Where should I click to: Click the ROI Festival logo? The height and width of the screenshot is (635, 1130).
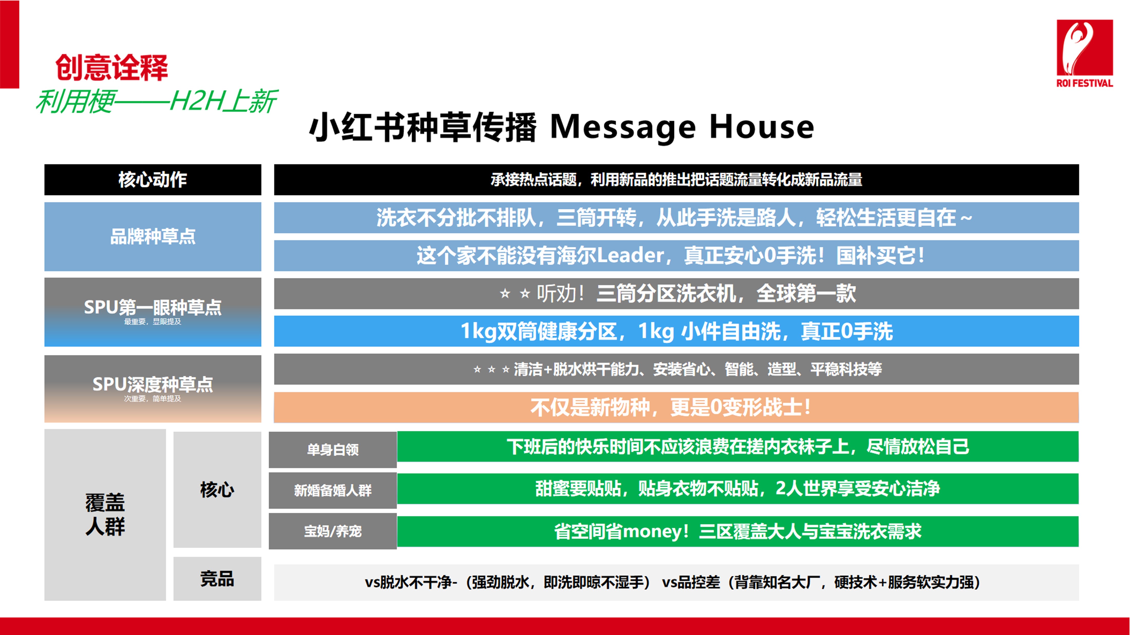point(1084,53)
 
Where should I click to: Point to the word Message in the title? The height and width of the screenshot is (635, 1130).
point(622,128)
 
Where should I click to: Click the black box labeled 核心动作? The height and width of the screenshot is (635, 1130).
point(153,180)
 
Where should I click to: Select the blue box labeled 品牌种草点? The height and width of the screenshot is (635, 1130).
point(153,237)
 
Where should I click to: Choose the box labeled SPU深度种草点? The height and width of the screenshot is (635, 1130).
point(153,389)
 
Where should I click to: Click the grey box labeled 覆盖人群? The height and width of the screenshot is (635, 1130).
point(105,515)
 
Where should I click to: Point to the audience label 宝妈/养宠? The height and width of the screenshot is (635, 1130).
point(333,531)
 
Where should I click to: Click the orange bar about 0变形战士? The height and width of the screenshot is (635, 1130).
point(676,407)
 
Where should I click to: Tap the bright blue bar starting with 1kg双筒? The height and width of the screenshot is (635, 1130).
point(676,331)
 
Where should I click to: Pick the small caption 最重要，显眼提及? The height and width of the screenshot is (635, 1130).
point(153,322)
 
